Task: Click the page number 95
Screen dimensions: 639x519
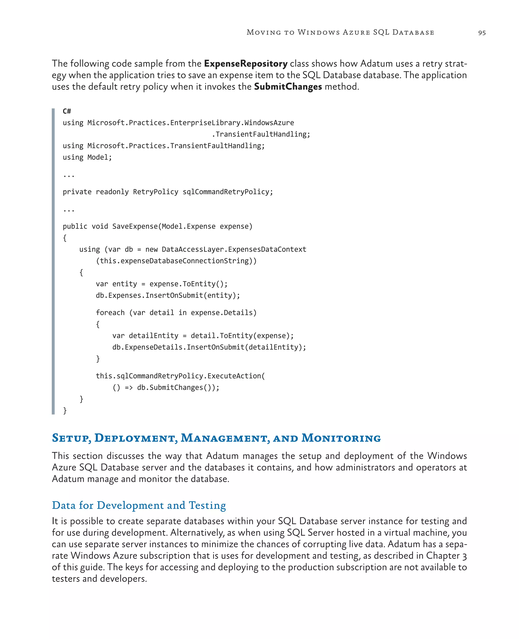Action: point(482,33)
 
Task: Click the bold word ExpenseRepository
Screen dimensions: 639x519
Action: point(246,64)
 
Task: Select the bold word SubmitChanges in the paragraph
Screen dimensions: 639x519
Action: point(288,87)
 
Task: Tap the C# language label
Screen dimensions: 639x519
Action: point(67,111)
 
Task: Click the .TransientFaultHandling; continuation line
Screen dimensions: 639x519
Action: point(261,134)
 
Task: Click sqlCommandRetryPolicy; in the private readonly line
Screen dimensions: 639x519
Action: point(228,192)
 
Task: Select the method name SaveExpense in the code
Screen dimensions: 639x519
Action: point(135,226)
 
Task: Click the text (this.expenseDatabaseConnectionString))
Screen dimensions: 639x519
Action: point(176,261)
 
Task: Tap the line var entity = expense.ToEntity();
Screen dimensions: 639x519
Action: point(161,284)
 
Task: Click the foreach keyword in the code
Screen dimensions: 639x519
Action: point(110,313)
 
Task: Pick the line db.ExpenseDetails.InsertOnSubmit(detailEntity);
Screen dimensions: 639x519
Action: point(209,347)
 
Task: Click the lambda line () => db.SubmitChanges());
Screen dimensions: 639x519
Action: point(166,388)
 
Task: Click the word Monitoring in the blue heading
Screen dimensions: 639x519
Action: point(341,438)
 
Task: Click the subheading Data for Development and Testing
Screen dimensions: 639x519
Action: point(139,505)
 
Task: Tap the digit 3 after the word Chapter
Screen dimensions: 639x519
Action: point(464,556)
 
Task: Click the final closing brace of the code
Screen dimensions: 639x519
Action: point(65,411)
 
